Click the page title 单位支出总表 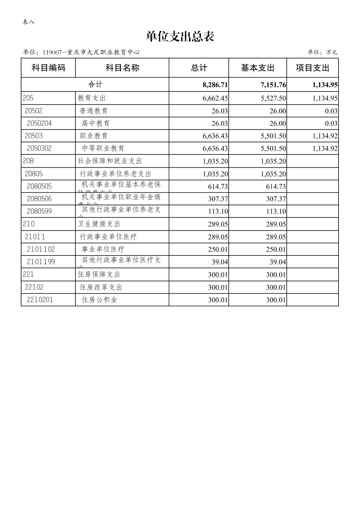click(x=180, y=37)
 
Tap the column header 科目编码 click(x=48, y=68)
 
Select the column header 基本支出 click(x=257, y=68)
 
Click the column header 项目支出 click(x=312, y=68)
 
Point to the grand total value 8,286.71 click(x=215, y=85)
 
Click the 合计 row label click(x=95, y=84)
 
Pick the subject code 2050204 click(x=39, y=123)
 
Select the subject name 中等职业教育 click(x=103, y=148)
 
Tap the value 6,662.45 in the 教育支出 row click(x=215, y=98)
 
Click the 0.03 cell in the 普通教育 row click(x=331, y=111)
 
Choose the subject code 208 click(x=28, y=161)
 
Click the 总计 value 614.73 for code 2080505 click(x=218, y=187)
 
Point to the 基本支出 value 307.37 click(x=276, y=199)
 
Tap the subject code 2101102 click(x=41, y=249)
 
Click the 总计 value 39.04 click(x=220, y=262)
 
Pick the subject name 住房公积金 click(x=100, y=300)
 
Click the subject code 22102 click(x=34, y=287)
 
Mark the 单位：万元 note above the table click(x=322, y=52)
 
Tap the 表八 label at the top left click(x=28, y=22)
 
